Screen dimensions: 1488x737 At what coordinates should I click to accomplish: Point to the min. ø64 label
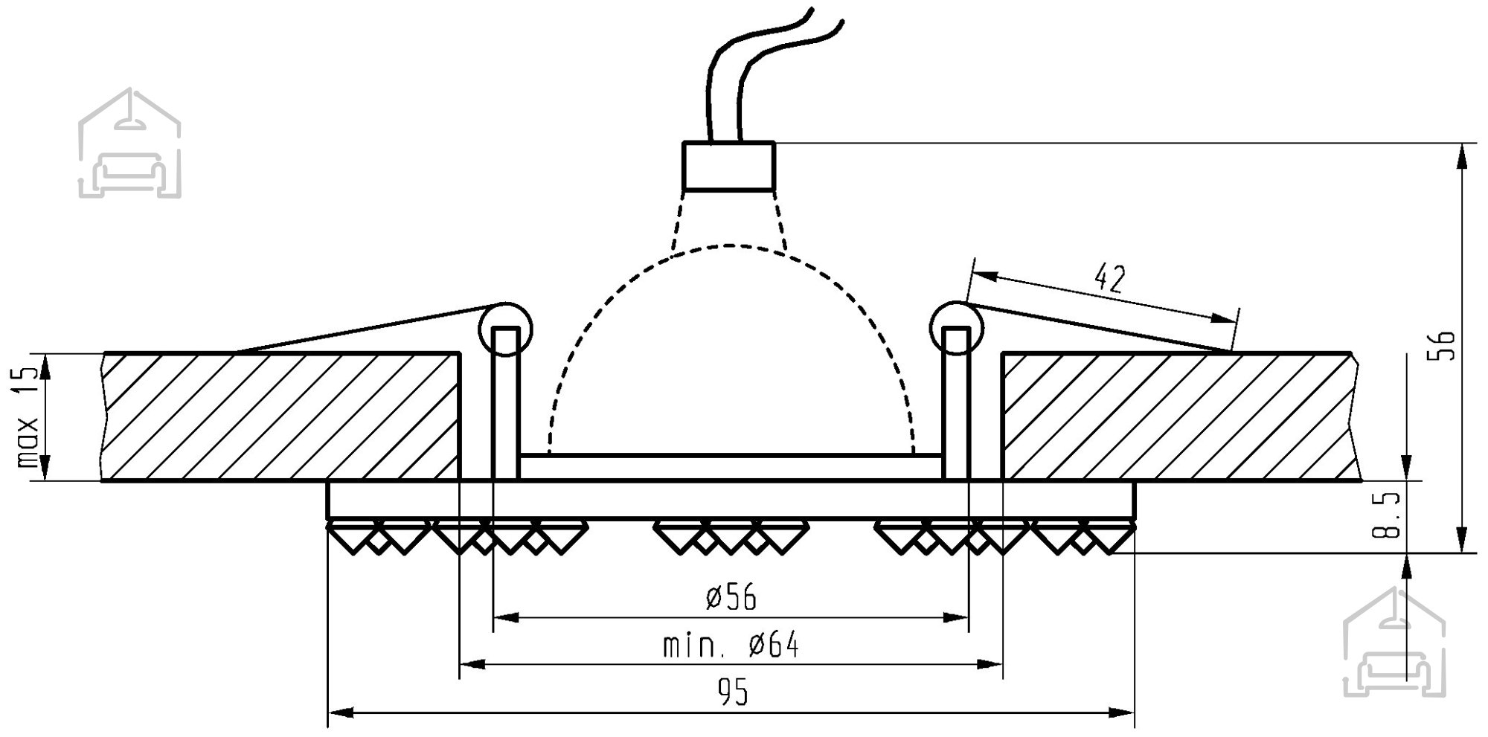[731, 646]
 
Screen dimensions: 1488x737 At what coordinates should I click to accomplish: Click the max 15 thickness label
[28, 416]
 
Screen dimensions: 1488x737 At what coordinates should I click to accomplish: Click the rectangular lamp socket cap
[730, 166]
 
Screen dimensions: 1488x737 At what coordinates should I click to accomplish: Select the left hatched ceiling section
[281, 416]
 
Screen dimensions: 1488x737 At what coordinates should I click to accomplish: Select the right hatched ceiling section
[1181, 416]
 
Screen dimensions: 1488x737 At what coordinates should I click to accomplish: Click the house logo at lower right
[1394, 642]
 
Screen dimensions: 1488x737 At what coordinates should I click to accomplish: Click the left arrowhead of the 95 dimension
[340, 712]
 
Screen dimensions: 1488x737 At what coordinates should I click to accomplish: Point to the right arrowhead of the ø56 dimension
[957, 617]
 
